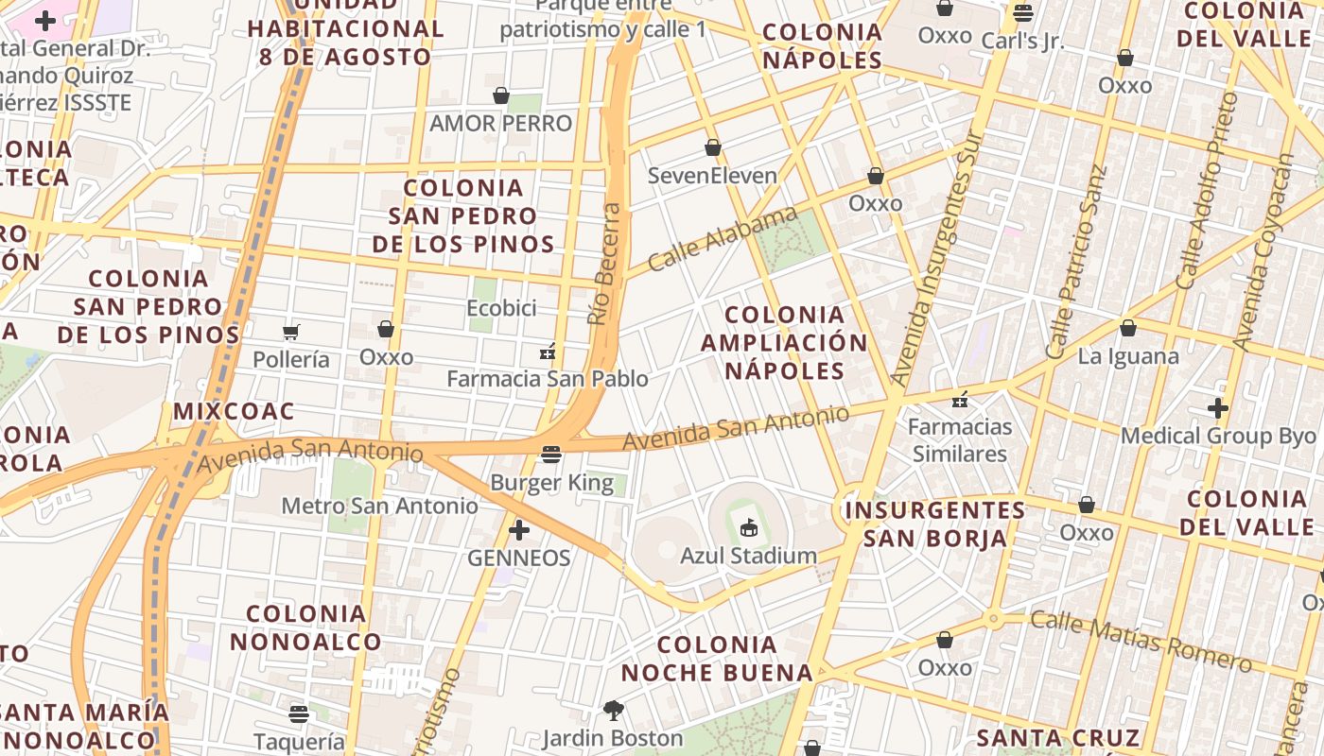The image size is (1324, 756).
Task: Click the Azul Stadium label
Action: pyautogui.click(x=748, y=555)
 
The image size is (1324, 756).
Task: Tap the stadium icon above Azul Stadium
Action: pyautogui.click(x=749, y=526)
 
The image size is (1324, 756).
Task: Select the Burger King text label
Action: pyautogui.click(x=552, y=483)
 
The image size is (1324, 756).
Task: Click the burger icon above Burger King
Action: pyautogui.click(x=552, y=455)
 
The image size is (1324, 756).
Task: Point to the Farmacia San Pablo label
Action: pyautogui.click(x=548, y=379)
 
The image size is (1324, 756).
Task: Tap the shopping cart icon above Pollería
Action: pyautogui.click(x=291, y=332)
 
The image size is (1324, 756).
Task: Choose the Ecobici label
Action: pyautogui.click(x=501, y=308)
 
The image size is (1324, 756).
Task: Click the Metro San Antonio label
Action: pyautogui.click(x=380, y=506)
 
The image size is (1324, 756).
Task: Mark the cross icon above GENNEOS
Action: pyautogui.click(x=519, y=530)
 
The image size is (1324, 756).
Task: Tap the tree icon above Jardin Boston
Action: pyautogui.click(x=613, y=710)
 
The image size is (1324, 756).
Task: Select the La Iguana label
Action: pyautogui.click(x=1128, y=356)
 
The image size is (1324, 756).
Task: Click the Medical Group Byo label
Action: pyautogui.click(x=1218, y=436)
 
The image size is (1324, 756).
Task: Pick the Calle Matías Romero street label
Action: pyautogui.click(x=1141, y=641)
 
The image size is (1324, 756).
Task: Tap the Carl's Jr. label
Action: pyautogui.click(x=1022, y=41)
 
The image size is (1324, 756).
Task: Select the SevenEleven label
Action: pyautogui.click(x=712, y=175)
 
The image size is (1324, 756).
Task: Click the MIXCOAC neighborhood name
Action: pyautogui.click(x=234, y=411)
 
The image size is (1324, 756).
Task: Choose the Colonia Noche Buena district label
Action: pyautogui.click(x=717, y=659)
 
